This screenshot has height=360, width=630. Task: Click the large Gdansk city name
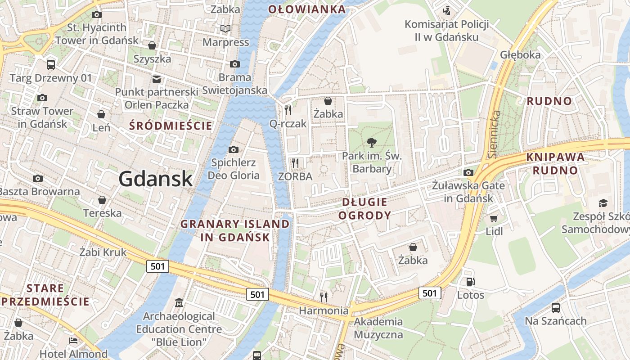(156, 179)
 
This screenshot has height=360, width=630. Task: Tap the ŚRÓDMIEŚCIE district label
(171, 126)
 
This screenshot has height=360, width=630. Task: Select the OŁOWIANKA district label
(307, 9)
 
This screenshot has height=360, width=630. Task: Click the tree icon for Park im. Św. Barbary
(372, 143)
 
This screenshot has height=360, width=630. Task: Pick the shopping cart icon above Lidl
(494, 219)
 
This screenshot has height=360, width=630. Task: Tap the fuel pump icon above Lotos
(471, 282)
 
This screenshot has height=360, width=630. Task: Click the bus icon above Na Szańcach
(556, 308)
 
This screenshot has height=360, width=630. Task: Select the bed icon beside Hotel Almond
(73, 341)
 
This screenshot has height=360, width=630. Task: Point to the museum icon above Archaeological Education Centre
(179, 302)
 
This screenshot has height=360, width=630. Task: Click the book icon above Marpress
(225, 29)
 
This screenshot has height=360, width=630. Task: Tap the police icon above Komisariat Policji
(446, 10)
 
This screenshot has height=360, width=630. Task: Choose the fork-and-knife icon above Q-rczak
(288, 109)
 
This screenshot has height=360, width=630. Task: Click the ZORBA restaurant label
(295, 176)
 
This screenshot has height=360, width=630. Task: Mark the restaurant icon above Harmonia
(323, 297)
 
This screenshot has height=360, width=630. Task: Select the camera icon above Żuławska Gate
(468, 172)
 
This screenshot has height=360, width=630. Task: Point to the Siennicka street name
(495, 134)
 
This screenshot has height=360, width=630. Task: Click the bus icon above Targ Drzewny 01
(51, 64)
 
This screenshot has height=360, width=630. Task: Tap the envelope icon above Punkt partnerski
(156, 79)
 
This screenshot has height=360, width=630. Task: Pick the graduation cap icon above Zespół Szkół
(603, 203)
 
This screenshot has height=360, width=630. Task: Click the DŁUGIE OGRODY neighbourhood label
(364, 208)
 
